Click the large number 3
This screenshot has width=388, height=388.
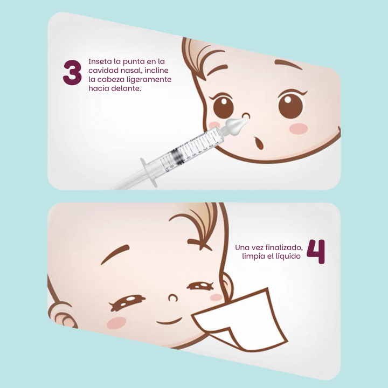(x=72, y=73)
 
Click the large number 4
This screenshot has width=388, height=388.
(x=316, y=252)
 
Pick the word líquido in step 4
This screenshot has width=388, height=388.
(x=288, y=257)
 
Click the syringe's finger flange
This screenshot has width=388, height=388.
(x=149, y=172)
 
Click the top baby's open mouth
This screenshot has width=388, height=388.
(x=259, y=143)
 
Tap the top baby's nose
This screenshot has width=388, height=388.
(x=246, y=116)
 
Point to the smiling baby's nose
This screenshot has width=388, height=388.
(x=173, y=298)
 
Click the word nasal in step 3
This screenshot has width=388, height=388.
(x=131, y=71)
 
